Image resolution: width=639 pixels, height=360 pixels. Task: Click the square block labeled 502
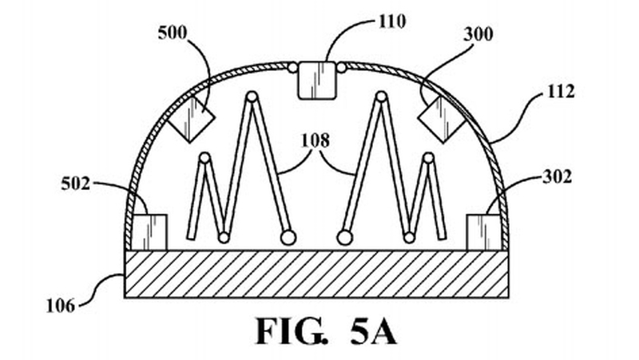point(149,231)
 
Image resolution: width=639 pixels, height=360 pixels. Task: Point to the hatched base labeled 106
point(316,274)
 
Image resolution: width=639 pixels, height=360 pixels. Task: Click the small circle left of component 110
point(293,69)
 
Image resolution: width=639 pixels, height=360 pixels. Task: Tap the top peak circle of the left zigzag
point(252,97)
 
